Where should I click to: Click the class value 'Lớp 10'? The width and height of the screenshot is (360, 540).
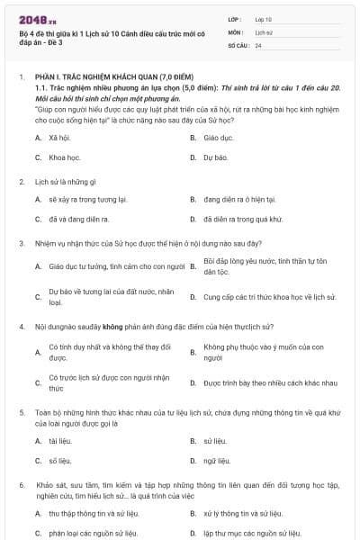pyautogui.click(x=264, y=18)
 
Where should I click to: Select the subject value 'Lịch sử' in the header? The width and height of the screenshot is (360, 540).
pyautogui.click(x=263, y=31)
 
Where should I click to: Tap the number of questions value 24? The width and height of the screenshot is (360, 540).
pyautogui.click(x=258, y=44)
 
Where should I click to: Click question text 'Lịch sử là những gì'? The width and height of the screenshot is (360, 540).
pyautogui.click(x=72, y=181)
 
